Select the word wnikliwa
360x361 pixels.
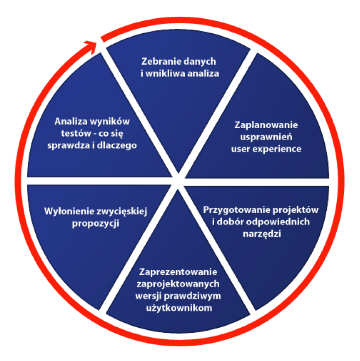coord(165,74)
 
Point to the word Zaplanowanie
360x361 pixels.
coord(266,125)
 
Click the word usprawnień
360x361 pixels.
coord(266,137)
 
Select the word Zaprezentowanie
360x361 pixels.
coord(178,272)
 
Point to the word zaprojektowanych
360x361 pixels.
coord(178,284)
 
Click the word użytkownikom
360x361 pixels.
coord(179,308)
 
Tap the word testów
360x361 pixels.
coord(76,134)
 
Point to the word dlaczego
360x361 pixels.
coord(117,146)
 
